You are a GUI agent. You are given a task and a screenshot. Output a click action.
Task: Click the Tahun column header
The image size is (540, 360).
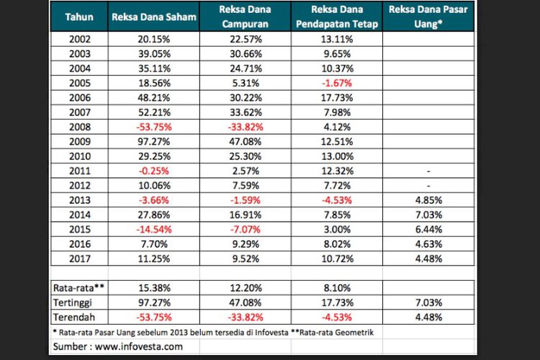[x=78, y=17]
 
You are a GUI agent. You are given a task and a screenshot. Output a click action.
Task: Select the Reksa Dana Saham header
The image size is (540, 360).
[x=154, y=17]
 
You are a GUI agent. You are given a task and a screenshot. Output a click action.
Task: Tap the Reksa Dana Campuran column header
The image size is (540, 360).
[x=246, y=17]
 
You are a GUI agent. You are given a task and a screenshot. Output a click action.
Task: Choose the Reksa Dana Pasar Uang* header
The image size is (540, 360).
[x=429, y=17]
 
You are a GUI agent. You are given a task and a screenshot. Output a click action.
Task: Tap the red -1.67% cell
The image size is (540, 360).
[x=337, y=84]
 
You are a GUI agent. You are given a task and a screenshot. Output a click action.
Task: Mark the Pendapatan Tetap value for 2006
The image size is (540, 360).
[x=337, y=97]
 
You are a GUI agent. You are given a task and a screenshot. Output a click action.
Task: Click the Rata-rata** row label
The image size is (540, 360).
[x=77, y=287]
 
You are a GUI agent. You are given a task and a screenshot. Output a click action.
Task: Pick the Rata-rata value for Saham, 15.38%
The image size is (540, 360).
[x=155, y=287]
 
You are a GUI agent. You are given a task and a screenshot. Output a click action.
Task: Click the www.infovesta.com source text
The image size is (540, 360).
[x=138, y=346]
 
